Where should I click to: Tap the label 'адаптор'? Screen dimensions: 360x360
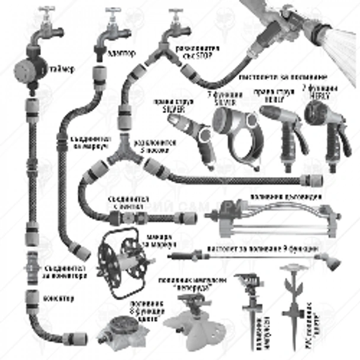(123, 53)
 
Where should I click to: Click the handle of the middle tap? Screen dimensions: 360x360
(112, 11)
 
